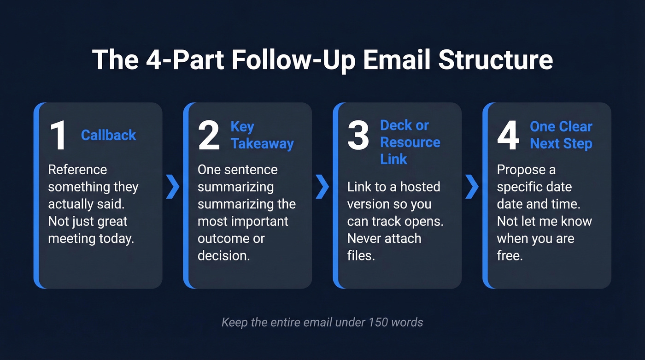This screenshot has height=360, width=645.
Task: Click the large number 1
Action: point(58,136)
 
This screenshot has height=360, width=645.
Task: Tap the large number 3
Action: point(358,136)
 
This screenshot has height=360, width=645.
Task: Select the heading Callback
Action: point(108,135)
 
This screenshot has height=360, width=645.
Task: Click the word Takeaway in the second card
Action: point(262,143)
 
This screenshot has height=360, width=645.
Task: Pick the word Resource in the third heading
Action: point(410,142)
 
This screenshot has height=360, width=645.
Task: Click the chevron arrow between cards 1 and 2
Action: point(172,187)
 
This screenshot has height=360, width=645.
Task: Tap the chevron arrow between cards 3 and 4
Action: point(472,187)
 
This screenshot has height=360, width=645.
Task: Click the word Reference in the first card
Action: point(77,170)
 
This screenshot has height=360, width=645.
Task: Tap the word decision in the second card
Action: point(223,256)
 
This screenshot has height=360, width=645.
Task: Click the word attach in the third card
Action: point(399,238)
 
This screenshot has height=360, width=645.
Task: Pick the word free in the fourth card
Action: point(510,256)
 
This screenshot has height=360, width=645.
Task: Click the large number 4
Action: point(508,136)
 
